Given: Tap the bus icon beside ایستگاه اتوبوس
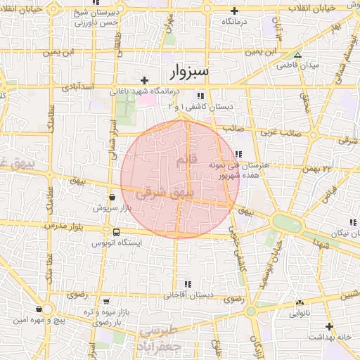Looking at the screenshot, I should [116, 232].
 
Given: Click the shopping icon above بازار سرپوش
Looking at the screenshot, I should [112, 198].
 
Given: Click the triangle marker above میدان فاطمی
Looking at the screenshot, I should [297, 54].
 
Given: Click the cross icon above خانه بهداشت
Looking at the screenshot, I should [329, 326].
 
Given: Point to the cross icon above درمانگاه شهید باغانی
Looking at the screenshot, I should [145, 80].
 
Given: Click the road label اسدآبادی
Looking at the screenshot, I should [77, 87].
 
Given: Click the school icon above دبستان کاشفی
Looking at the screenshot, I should [200, 95].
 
